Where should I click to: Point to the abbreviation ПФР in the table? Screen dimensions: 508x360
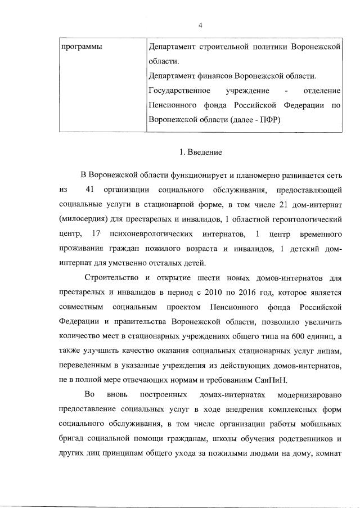268,120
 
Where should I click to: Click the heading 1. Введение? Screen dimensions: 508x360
200,152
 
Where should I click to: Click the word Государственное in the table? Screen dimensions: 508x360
179,91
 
